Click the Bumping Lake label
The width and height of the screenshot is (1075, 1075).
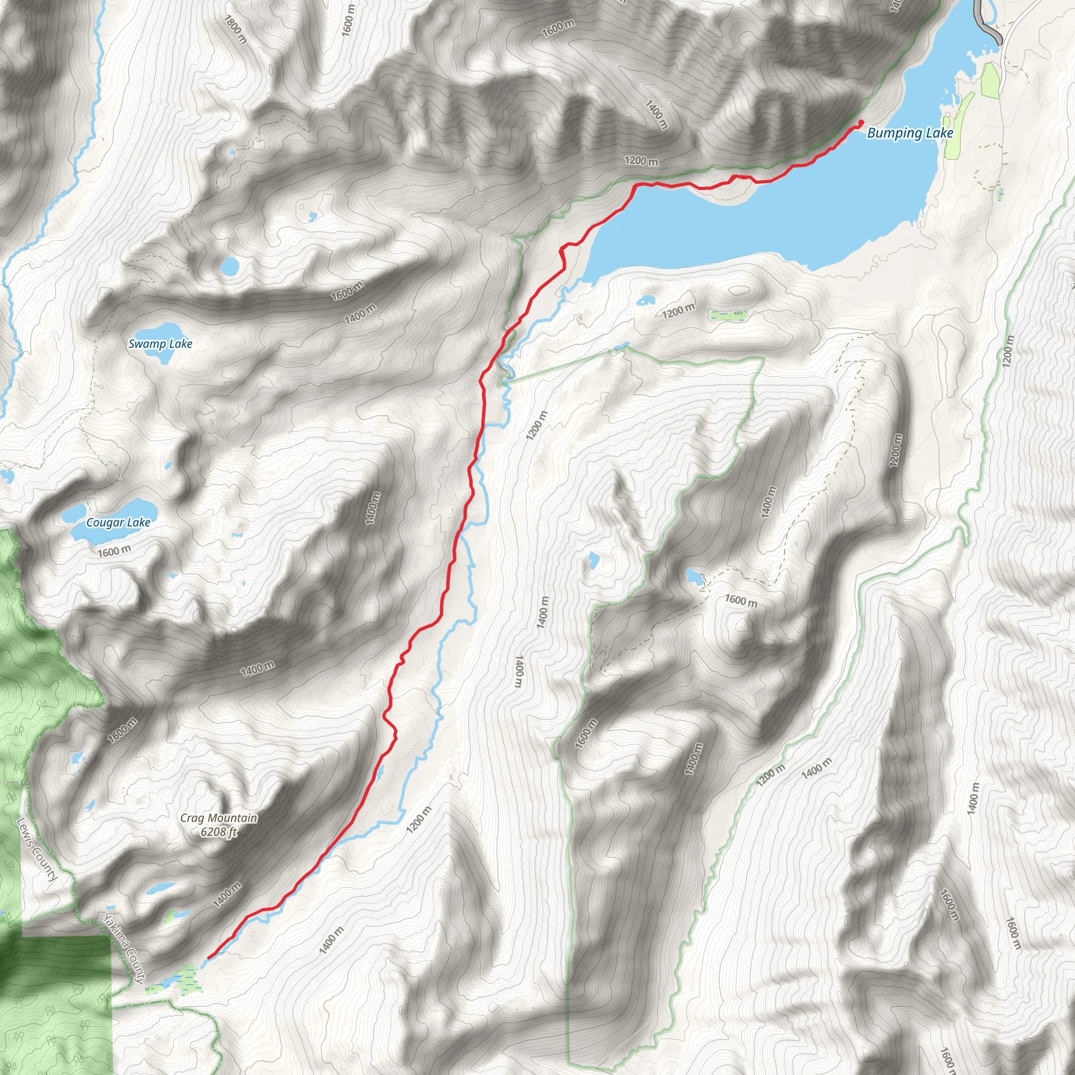pyautogui.click(x=910, y=133)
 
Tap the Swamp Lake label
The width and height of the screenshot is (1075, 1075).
pyautogui.click(x=160, y=344)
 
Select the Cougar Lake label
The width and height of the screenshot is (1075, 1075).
pyautogui.click(x=118, y=522)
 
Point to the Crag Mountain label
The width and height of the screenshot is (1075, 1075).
pyautogui.click(x=219, y=818)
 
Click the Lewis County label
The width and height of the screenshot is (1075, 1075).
pyautogui.click(x=37, y=849)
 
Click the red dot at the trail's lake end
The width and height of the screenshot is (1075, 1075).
pyautogui.click(x=861, y=122)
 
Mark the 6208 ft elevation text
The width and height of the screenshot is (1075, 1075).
pyautogui.click(x=219, y=832)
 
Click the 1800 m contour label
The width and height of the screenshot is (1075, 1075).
pyautogui.click(x=235, y=29)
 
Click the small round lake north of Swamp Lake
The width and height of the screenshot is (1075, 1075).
pyautogui.click(x=229, y=266)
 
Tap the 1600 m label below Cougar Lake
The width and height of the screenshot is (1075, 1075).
pyautogui.click(x=114, y=552)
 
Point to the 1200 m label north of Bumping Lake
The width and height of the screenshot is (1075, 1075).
pyautogui.click(x=641, y=161)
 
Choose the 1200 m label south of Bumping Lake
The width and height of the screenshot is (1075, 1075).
pyautogui.click(x=678, y=311)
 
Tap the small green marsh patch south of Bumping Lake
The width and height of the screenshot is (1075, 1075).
pyautogui.click(x=728, y=315)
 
